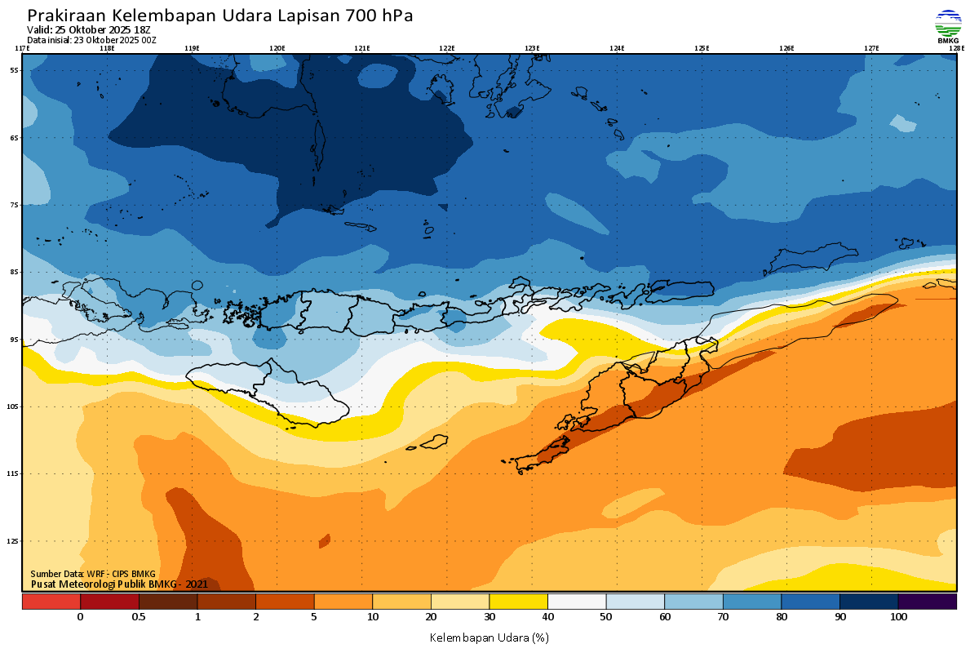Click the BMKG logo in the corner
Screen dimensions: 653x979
(x=948, y=26)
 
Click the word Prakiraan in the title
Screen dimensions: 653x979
(x=66, y=16)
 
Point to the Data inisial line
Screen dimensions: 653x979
(x=91, y=40)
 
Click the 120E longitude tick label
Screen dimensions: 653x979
(x=277, y=48)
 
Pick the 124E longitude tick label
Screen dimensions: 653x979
(x=617, y=48)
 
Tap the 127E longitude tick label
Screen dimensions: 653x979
(x=871, y=48)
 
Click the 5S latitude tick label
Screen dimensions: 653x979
(x=15, y=70)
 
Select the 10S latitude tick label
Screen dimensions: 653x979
(x=14, y=406)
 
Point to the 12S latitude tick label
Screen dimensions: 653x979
(x=14, y=541)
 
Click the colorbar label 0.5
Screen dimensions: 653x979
(x=139, y=617)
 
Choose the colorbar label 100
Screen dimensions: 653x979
(x=898, y=617)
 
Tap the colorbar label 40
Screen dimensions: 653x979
(x=547, y=617)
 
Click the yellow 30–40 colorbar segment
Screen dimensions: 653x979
(x=518, y=602)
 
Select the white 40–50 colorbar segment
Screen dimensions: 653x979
(x=577, y=602)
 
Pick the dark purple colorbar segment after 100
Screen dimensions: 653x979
(x=928, y=602)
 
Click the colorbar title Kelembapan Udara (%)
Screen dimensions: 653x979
(x=489, y=637)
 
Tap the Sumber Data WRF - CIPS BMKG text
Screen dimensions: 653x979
(x=93, y=574)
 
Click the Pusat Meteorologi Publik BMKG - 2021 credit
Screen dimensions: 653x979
(x=119, y=584)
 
